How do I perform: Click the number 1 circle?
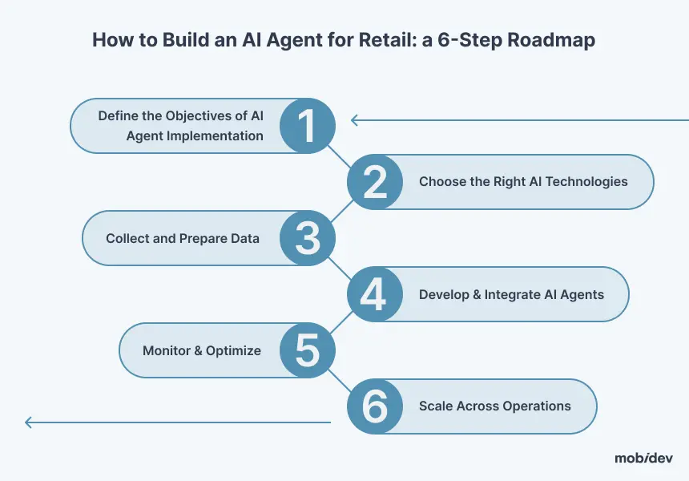point(308,126)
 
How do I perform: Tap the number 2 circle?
point(375,182)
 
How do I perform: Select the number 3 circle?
point(308,238)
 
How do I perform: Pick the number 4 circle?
point(375,294)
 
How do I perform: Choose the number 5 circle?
point(308,350)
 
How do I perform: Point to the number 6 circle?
point(375,406)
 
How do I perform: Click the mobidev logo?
point(643,458)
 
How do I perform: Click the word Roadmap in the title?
point(551,40)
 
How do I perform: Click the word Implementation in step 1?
point(217,136)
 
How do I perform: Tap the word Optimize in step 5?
point(233,351)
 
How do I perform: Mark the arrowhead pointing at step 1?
point(354,119)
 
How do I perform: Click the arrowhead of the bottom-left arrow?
point(28,422)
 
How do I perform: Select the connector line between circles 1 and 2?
point(339,156)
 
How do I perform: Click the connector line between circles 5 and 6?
point(339,381)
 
